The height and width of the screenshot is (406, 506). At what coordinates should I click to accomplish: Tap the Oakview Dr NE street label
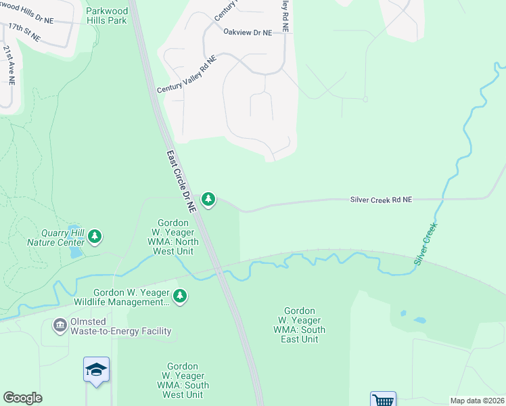pos(248,32)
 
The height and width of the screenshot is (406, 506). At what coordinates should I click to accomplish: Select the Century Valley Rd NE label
pos(187,75)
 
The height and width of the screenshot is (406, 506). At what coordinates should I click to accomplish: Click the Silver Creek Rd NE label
pos(381,200)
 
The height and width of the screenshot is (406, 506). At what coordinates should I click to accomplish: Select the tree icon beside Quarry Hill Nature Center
pos(95,236)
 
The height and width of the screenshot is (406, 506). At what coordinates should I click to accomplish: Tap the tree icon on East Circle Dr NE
pos(209,199)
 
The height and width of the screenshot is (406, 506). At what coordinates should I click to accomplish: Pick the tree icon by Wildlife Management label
pos(180,296)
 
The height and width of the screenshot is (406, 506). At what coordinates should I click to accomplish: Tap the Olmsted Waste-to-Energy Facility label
pos(120,327)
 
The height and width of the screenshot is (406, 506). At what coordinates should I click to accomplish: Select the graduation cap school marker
pos(97,369)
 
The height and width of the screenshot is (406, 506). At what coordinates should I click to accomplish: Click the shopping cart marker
pos(382,400)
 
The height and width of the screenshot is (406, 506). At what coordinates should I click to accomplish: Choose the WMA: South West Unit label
pos(183,385)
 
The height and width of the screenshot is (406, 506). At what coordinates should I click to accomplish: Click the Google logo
pos(22,398)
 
